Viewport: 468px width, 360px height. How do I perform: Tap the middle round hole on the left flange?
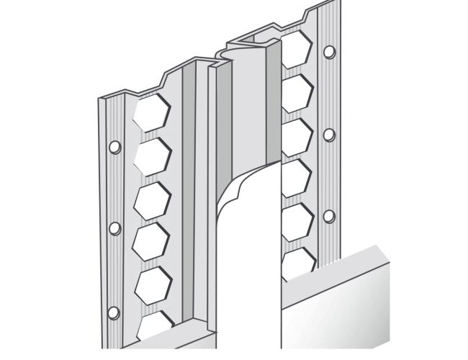coord(113,228)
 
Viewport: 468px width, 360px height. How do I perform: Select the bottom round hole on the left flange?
coord(113,312)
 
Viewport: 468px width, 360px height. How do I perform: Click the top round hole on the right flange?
coord(329,52)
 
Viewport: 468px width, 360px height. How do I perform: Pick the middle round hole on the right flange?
coord(329,135)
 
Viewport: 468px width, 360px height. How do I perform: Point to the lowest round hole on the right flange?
coord(329,216)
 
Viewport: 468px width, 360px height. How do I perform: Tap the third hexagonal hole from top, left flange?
coord(152,197)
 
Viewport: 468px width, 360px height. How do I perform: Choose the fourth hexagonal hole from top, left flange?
coord(152,239)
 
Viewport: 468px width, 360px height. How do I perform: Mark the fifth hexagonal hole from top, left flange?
coord(152,282)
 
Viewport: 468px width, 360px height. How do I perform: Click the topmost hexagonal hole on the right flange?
coord(296,50)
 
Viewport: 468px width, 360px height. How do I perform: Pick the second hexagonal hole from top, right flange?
coord(296,93)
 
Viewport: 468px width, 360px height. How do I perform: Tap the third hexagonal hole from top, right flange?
coord(296,135)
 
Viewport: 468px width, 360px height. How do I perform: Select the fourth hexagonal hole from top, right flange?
coord(296,176)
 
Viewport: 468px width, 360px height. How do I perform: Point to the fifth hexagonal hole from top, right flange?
coord(296,217)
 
